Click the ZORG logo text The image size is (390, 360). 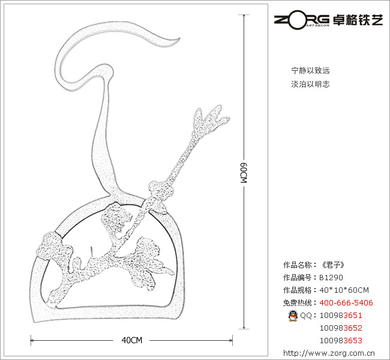[x=301, y=19]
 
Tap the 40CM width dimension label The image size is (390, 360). [x=131, y=340]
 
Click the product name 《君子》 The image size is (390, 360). [x=332, y=265]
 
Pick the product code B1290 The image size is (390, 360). [x=331, y=278]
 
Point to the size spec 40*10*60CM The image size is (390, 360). [x=344, y=290]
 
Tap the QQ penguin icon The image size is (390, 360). [x=293, y=316]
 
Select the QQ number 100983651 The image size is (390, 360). [x=341, y=316]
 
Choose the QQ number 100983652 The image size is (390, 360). [x=341, y=328]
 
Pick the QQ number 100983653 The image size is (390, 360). [x=341, y=340]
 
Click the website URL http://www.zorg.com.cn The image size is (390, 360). [x=328, y=353]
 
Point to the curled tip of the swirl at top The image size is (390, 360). [x=176, y=40]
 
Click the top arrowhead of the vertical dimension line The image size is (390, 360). [x=244, y=17]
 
